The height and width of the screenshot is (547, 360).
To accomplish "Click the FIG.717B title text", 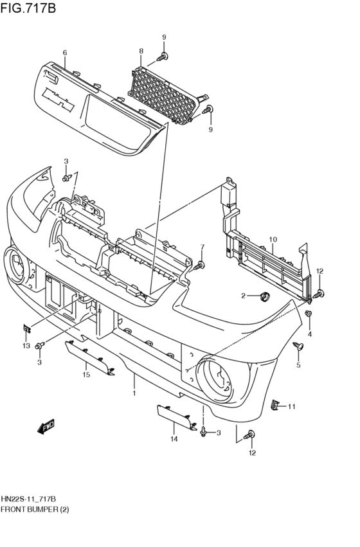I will [x=28, y=8].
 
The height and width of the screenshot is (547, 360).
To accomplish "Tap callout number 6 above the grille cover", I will [x=65, y=53].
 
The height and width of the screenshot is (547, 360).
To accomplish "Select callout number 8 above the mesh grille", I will [x=141, y=51].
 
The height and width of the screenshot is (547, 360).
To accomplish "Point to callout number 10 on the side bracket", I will [x=273, y=240].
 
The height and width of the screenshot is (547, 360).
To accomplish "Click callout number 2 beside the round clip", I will [x=244, y=296].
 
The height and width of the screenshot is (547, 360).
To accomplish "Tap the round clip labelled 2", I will [x=263, y=296].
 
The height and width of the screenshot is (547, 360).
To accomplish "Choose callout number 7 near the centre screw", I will [x=202, y=247].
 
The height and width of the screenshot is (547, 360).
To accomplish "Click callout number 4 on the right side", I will [x=309, y=334].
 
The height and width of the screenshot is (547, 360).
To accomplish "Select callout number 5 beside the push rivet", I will [x=298, y=366].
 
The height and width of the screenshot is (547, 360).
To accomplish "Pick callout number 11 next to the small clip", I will [x=291, y=406].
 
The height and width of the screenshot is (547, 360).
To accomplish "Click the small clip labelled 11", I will [x=275, y=405].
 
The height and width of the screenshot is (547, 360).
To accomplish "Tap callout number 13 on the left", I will [x=26, y=346].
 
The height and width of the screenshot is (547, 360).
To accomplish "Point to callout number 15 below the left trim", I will [x=85, y=374].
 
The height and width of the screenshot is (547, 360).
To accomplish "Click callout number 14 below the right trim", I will [x=174, y=439].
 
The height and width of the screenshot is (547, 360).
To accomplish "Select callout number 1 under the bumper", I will [x=134, y=393].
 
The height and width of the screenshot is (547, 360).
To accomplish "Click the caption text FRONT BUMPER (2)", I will [x=35, y=509].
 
